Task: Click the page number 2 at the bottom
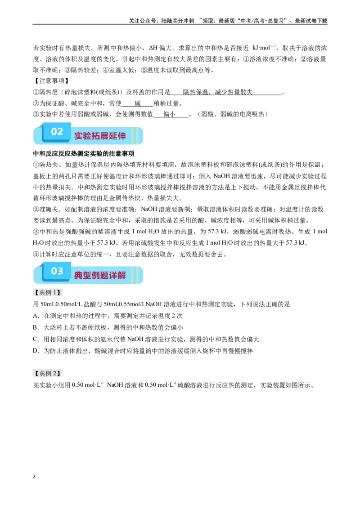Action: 34,477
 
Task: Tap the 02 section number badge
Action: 57,131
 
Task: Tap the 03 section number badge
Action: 57,271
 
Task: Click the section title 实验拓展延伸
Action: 100,136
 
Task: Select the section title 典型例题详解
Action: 100,275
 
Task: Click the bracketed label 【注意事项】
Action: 51,81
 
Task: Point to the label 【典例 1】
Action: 47,292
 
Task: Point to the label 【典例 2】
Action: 47,373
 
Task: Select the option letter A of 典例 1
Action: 36,316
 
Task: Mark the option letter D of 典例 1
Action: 36,351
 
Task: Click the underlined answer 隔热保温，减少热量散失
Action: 218,92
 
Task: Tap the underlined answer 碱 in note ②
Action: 138,103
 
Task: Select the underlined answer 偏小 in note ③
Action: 169,114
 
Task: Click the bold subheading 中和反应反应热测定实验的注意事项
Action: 84,153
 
